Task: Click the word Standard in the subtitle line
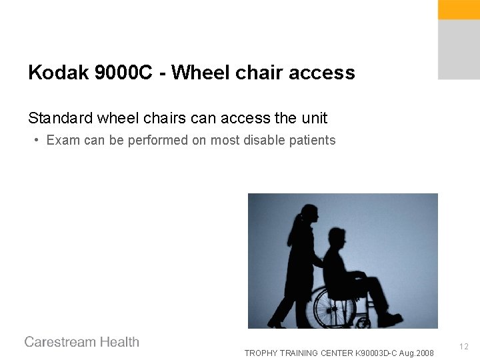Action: tap(60, 119)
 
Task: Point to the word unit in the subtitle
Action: tap(313, 119)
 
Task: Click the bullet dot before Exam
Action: tap(37, 141)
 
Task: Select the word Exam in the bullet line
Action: tap(61, 141)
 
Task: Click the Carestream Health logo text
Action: tap(82, 342)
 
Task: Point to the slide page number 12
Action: tap(464, 347)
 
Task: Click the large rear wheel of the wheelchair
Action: tap(335, 307)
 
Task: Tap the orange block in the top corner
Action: tap(459, 9)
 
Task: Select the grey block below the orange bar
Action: tap(459, 49)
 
